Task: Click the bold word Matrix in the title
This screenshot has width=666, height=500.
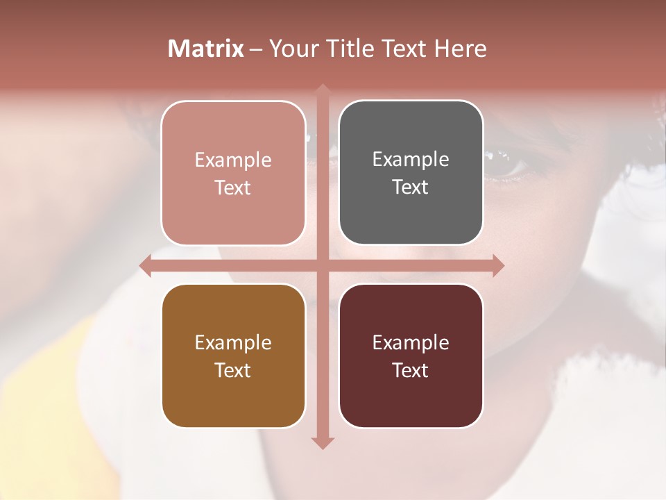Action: pos(206,49)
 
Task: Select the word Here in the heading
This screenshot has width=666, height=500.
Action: pos(461,49)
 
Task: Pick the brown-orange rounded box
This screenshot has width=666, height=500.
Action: pos(233,396)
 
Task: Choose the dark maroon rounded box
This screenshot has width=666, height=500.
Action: pos(411,396)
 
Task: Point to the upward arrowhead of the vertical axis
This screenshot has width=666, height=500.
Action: pos(322,90)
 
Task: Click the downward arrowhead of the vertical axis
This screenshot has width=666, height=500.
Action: pos(322,442)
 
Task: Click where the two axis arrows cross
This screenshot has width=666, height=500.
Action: pos(322,266)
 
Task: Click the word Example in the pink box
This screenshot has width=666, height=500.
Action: pos(233,160)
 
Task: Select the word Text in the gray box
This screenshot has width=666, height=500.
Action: pos(411,187)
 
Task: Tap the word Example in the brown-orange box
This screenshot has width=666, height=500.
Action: pos(233,343)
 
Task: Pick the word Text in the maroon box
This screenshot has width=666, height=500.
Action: pos(411,370)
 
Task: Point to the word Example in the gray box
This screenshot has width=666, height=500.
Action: pos(411,160)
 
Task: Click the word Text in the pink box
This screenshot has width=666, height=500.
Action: pos(233,188)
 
